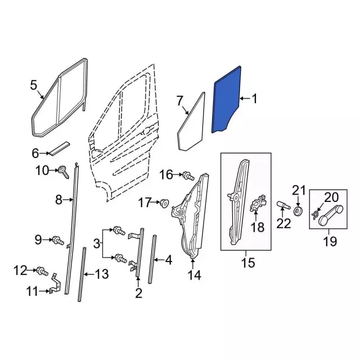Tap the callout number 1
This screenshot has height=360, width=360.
(x=254, y=99)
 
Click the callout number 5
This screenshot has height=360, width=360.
(x=34, y=85)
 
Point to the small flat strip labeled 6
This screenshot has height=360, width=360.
(x=60, y=148)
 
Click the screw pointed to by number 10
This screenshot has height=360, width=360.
(x=64, y=172)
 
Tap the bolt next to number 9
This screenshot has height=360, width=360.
(x=58, y=240)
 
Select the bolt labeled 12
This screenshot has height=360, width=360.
(x=42, y=271)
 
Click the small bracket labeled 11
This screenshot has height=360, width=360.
(x=55, y=283)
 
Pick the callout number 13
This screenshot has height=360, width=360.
(x=101, y=274)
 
